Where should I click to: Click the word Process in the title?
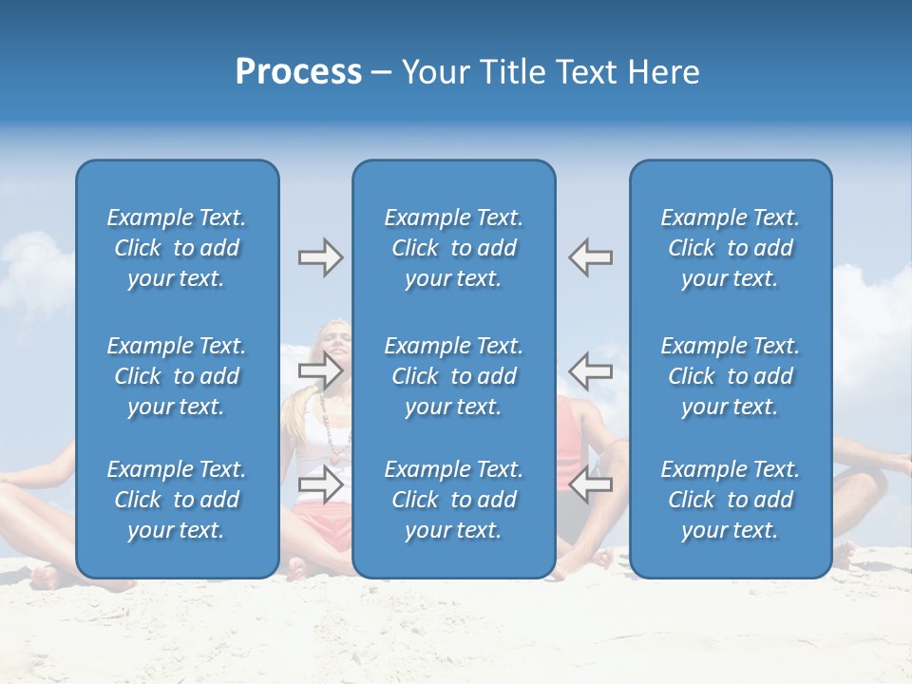pyautogui.click(x=298, y=72)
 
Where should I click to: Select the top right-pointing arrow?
pyautogui.click(x=320, y=257)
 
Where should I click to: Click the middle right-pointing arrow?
pyautogui.click(x=320, y=370)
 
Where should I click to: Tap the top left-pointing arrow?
pyautogui.click(x=591, y=257)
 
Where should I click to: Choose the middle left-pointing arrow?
pyautogui.click(x=591, y=370)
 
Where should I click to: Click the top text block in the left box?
pyautogui.click(x=177, y=248)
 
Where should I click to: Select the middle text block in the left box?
pyautogui.click(x=177, y=376)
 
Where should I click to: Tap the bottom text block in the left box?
pyautogui.click(x=177, y=500)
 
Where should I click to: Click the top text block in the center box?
pyautogui.click(x=454, y=248)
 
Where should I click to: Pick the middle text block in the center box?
pyautogui.click(x=454, y=376)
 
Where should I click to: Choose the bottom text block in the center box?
pyautogui.click(x=454, y=500)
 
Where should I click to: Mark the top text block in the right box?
pyautogui.click(x=731, y=248)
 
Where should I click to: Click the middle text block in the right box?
pyautogui.click(x=731, y=376)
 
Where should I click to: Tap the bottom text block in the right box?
pyautogui.click(x=731, y=500)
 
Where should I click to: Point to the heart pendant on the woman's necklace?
pyautogui.click(x=334, y=455)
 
